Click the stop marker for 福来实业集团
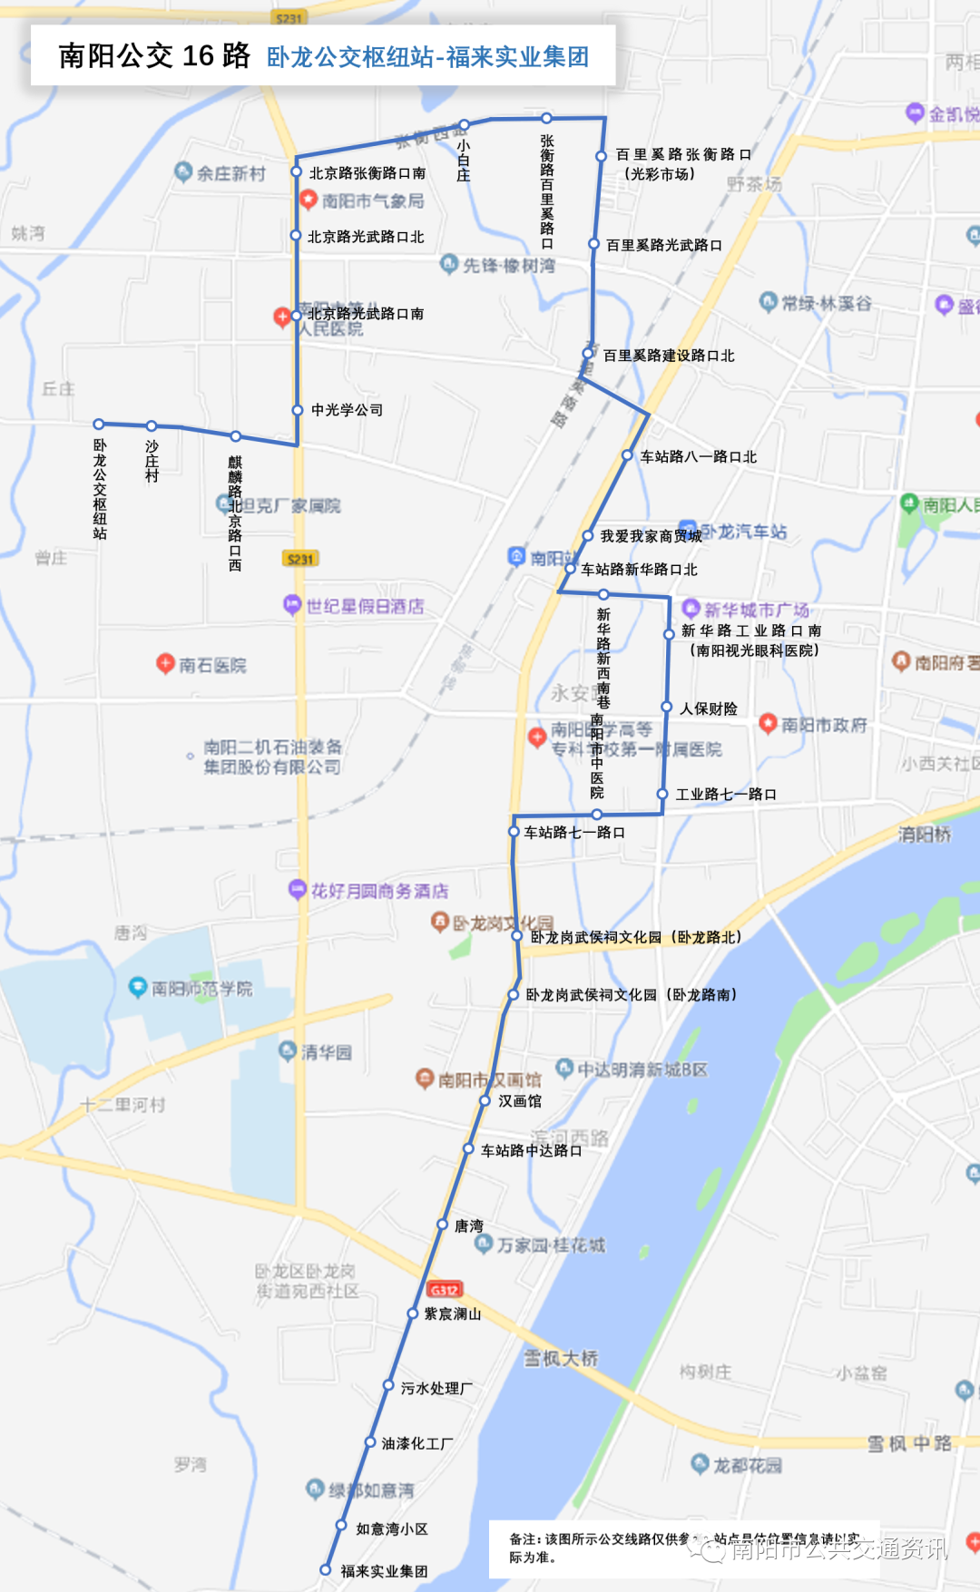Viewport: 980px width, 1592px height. pyautogui.click(x=326, y=1569)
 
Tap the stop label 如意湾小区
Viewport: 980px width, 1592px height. pyautogui.click(x=391, y=1529)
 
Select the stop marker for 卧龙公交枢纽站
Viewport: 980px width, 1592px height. pyautogui.click(x=99, y=424)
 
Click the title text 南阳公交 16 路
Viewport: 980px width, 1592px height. pyautogui.click(x=154, y=55)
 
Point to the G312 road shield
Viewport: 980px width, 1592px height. pyautogui.click(x=445, y=1289)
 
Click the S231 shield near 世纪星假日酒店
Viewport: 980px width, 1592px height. pyautogui.click(x=300, y=559)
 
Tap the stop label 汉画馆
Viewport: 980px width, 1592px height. pyautogui.click(x=519, y=1100)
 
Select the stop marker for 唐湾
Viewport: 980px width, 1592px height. pyautogui.click(x=443, y=1225)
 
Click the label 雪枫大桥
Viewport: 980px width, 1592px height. pyautogui.click(x=561, y=1358)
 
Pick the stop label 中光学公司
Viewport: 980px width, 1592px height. pyautogui.click(x=347, y=410)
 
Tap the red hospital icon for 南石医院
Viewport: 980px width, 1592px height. pyautogui.click(x=165, y=663)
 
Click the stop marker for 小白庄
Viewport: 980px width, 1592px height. pyautogui.click(x=464, y=124)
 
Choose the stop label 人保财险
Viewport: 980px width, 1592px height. pyautogui.click(x=708, y=708)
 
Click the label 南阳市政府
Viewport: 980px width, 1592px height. pyautogui.click(x=824, y=725)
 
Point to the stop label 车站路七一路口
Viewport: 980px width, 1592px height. pyautogui.click(x=573, y=832)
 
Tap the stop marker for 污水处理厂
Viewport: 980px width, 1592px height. pyautogui.click(x=387, y=1386)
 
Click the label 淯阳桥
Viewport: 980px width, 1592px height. pyautogui.click(x=924, y=834)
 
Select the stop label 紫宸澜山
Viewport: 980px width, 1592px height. pyautogui.click(x=452, y=1314)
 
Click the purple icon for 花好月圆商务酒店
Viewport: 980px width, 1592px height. pyautogui.click(x=297, y=889)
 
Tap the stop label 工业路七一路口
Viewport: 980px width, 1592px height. pyautogui.click(x=726, y=794)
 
